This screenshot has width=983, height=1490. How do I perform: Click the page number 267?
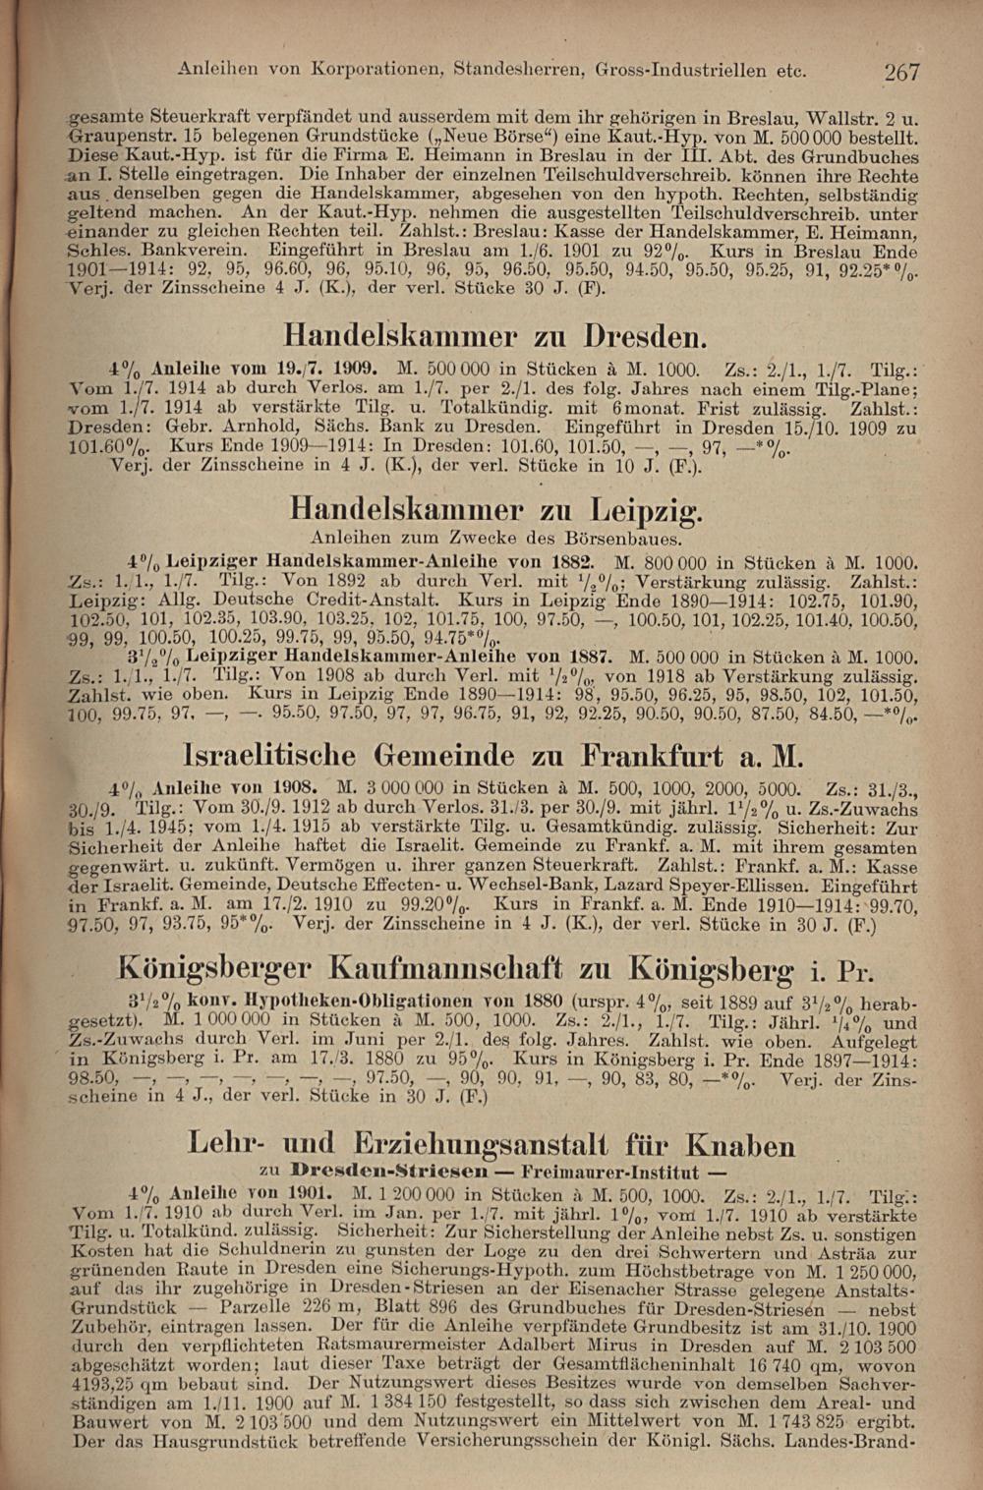click(x=900, y=71)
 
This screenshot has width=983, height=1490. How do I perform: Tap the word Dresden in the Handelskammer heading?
click(x=644, y=337)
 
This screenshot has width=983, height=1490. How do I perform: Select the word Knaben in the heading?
click(x=739, y=1146)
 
